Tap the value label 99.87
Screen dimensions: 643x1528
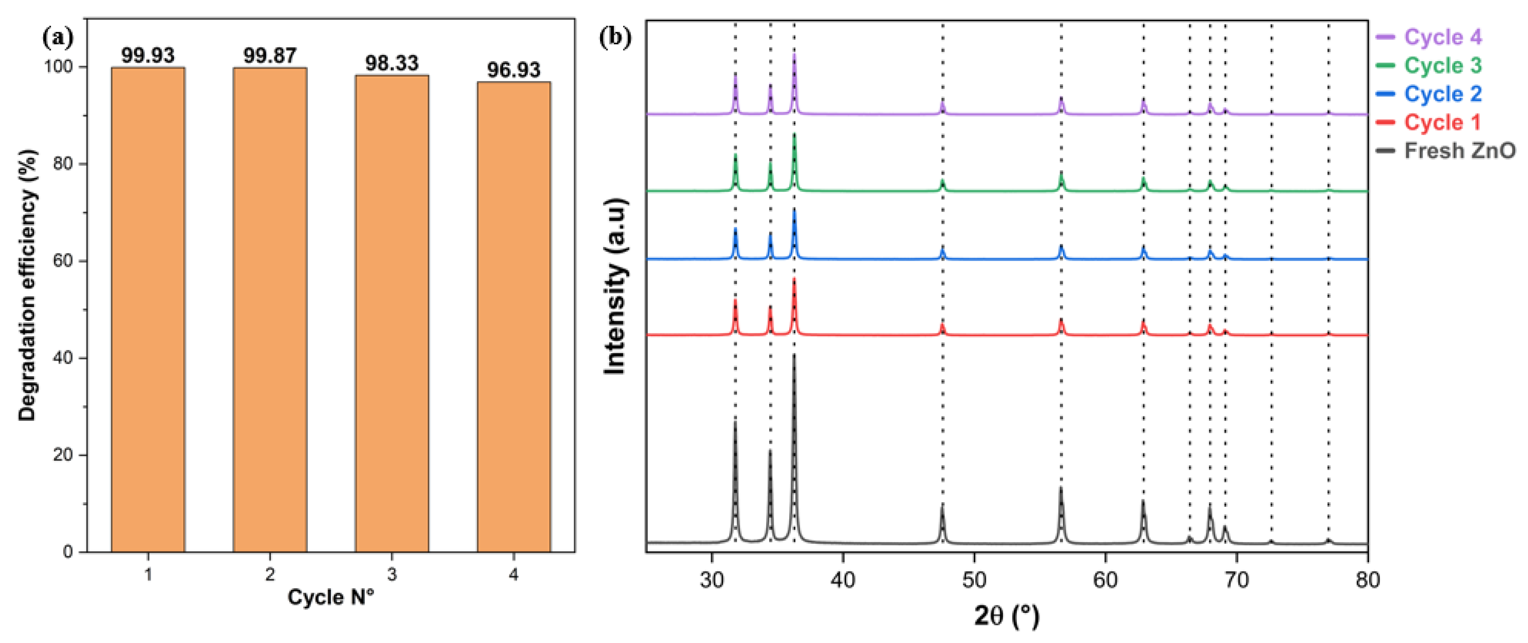click(270, 56)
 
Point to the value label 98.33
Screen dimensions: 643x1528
click(392, 63)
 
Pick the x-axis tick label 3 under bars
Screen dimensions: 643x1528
click(392, 573)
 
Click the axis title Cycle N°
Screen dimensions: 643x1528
click(331, 597)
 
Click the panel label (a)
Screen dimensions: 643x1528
click(58, 39)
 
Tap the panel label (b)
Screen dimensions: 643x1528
click(615, 37)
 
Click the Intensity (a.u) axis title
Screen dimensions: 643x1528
click(615, 286)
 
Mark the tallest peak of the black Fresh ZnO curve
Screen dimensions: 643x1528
click(794, 356)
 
